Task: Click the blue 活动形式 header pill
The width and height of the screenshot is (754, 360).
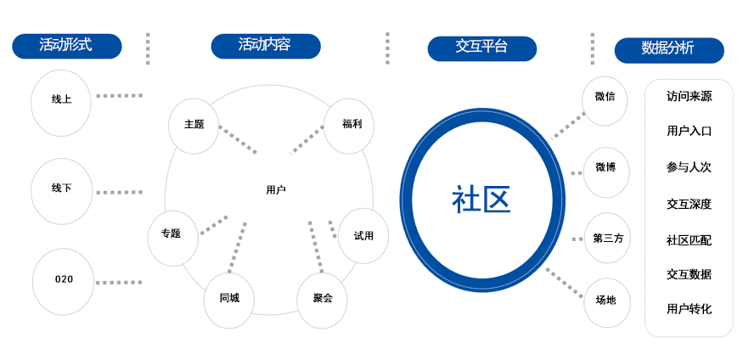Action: coord(66,46)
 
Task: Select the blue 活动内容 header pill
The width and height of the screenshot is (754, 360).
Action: coord(266,46)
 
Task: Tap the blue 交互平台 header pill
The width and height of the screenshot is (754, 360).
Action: coord(482,48)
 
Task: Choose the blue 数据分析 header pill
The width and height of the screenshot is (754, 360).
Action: coord(669,49)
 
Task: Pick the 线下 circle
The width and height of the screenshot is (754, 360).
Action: coord(62,188)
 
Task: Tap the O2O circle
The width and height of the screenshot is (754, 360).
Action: coord(64,279)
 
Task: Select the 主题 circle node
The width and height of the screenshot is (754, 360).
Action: coord(194,124)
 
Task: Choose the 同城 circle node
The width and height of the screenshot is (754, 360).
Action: coord(229,298)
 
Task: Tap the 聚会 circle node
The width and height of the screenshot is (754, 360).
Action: coord(323,298)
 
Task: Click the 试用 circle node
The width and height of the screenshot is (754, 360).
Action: coord(363,235)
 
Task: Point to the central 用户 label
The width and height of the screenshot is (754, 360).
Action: coord(275,189)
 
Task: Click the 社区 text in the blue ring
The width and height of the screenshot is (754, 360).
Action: coord(481,201)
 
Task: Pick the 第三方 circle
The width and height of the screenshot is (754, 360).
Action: coord(608,239)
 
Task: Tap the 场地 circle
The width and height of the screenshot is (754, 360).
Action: coord(606,300)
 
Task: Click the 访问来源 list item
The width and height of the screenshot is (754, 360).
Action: coord(689,97)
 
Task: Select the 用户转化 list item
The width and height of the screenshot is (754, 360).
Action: coord(689,309)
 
